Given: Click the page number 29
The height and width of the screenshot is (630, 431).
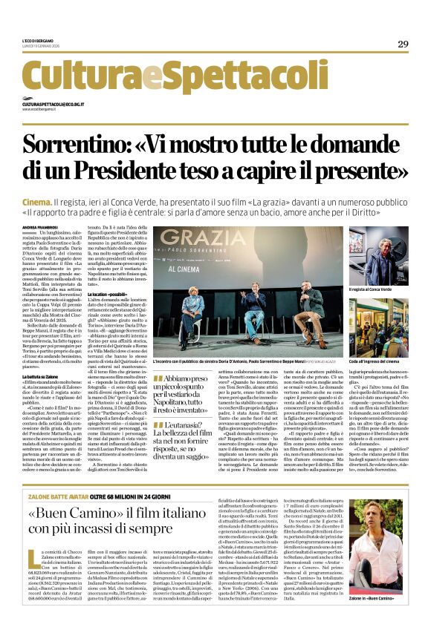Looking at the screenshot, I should (x=403, y=44).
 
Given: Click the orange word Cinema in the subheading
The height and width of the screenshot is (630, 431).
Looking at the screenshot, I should (x=56, y=202).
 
